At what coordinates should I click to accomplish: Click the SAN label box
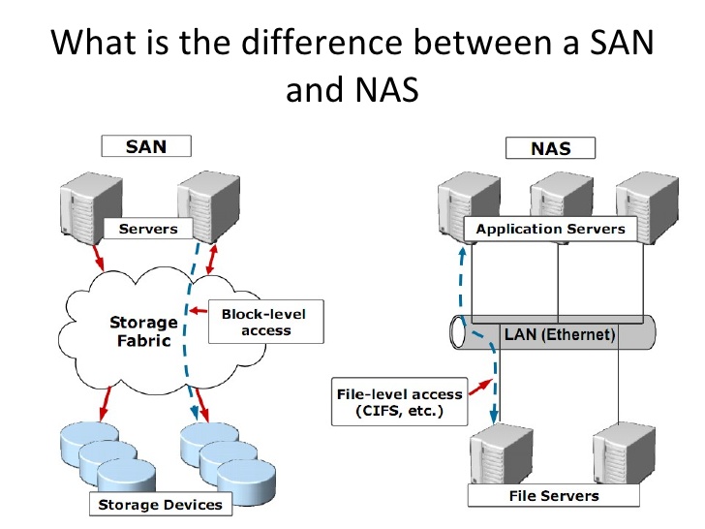[146, 146]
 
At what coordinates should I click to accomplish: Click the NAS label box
[550, 148]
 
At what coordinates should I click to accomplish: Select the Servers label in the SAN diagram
[148, 229]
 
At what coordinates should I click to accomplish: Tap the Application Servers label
[550, 229]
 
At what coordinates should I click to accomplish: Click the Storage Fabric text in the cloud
[144, 331]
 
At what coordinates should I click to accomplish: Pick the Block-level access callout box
[265, 322]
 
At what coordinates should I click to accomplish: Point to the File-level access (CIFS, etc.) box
[399, 402]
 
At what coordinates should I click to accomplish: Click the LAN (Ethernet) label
[560, 334]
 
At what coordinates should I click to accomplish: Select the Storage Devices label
[161, 504]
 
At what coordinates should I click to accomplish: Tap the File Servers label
[554, 496]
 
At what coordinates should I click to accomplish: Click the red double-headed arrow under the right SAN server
[212, 259]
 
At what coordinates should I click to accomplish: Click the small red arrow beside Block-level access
[199, 310]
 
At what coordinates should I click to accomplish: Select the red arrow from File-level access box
[480, 388]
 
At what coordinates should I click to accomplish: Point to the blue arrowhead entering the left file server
[494, 416]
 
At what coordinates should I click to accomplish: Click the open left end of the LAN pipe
[458, 332]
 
